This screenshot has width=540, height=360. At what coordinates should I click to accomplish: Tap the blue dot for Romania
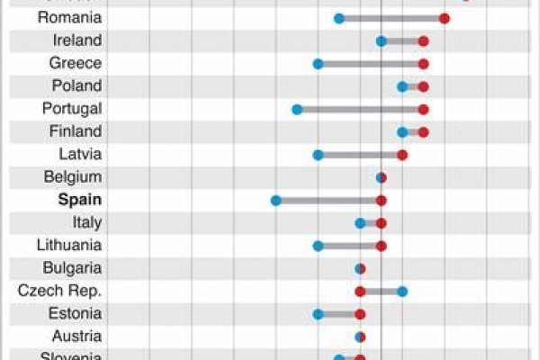pyautogui.click(x=338, y=18)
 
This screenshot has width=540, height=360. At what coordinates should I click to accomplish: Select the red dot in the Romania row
pyautogui.click(x=445, y=18)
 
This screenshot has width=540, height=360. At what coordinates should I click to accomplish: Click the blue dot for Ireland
pyautogui.click(x=381, y=40)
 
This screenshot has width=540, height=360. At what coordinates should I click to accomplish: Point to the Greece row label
pyautogui.click(x=76, y=63)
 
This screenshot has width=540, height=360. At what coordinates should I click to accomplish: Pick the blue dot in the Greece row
pyautogui.click(x=318, y=63)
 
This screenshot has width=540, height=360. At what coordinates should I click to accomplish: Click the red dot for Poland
pyautogui.click(x=423, y=86)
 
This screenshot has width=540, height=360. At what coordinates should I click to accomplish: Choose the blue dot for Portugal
pyautogui.click(x=296, y=109)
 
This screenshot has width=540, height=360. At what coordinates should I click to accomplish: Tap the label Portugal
pyautogui.click(x=72, y=109)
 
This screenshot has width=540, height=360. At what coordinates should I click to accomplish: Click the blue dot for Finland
pyautogui.click(x=402, y=131)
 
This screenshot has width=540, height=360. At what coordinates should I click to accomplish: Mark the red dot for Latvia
pyautogui.click(x=402, y=155)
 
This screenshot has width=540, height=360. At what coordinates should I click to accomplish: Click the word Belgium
pyautogui.click(x=72, y=177)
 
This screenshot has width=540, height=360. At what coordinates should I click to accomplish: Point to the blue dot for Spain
pyautogui.click(x=275, y=200)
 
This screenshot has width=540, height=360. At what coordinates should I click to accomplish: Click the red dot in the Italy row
pyautogui.click(x=381, y=222)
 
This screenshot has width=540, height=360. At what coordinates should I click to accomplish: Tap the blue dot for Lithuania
pyautogui.click(x=318, y=245)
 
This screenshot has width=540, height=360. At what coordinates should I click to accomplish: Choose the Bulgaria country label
pyautogui.click(x=72, y=268)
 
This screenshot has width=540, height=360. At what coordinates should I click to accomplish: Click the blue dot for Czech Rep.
pyautogui.click(x=402, y=291)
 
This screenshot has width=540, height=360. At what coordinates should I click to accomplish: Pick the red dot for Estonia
pyautogui.click(x=360, y=313)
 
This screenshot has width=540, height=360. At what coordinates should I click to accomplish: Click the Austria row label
pyautogui.click(x=76, y=337)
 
